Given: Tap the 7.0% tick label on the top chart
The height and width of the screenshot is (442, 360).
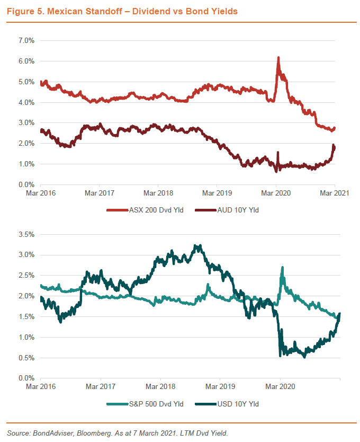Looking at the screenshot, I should coord(26,40).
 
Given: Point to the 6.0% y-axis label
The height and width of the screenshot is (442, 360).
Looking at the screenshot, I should coord(26,61).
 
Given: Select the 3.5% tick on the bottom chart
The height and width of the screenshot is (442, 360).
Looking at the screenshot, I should coord(26,234).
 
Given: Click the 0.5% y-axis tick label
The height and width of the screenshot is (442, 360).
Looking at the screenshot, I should coord(26,358).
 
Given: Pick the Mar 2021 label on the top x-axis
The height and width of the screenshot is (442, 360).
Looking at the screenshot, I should coord(335,193).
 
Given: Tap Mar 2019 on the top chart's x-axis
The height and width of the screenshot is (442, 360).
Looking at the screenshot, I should coord(216,193).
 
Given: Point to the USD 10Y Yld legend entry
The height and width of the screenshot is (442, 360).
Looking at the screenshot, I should coord(238,404).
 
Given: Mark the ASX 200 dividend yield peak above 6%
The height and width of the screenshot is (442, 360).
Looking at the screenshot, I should coord(278,58).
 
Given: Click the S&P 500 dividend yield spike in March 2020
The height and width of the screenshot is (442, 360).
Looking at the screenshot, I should coord(283,268).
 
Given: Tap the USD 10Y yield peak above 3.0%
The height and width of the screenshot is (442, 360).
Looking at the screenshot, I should coord(197,246).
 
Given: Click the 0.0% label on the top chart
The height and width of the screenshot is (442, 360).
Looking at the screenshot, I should coord(26,184).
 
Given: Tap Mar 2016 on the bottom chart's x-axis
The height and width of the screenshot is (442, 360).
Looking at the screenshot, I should coord(40,387).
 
